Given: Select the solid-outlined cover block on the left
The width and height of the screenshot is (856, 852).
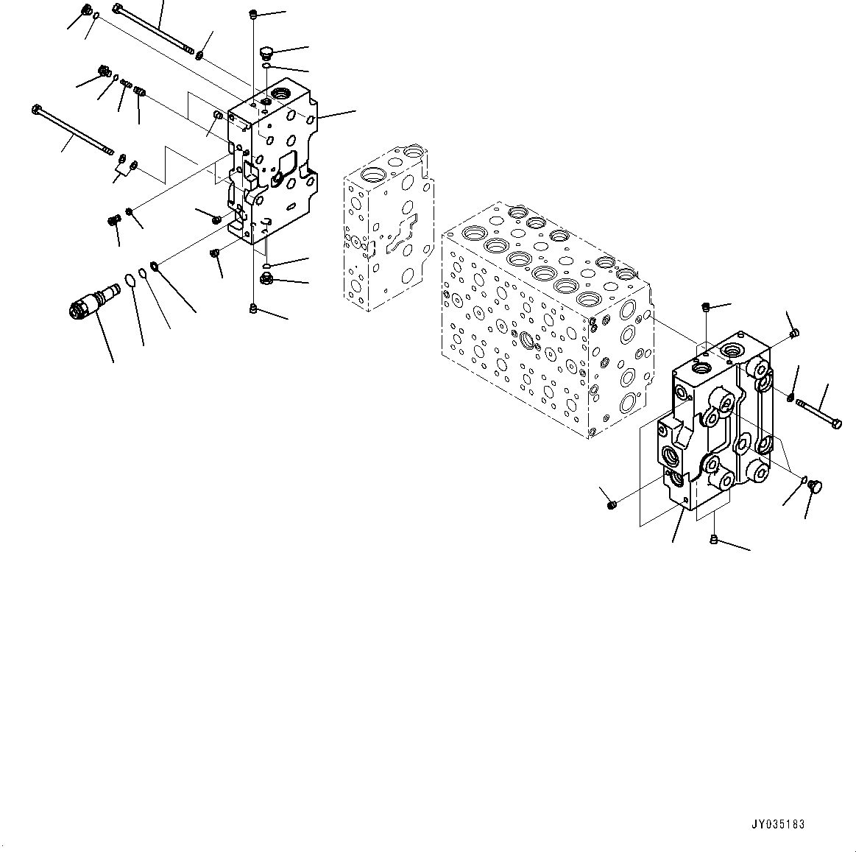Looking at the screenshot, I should [272, 169].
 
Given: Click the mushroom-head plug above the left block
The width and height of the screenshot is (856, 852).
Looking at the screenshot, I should [267, 52].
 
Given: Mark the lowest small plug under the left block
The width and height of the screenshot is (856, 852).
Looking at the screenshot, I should [253, 309].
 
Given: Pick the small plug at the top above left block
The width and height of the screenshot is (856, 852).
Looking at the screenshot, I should [253, 14].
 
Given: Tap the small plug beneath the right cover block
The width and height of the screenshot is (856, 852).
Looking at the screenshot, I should [714, 541].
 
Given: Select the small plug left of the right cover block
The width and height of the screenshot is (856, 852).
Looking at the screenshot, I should [611, 504].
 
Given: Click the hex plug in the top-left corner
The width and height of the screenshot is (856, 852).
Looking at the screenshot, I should [85, 11].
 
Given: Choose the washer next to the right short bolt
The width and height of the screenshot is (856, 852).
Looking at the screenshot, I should [790, 398].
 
